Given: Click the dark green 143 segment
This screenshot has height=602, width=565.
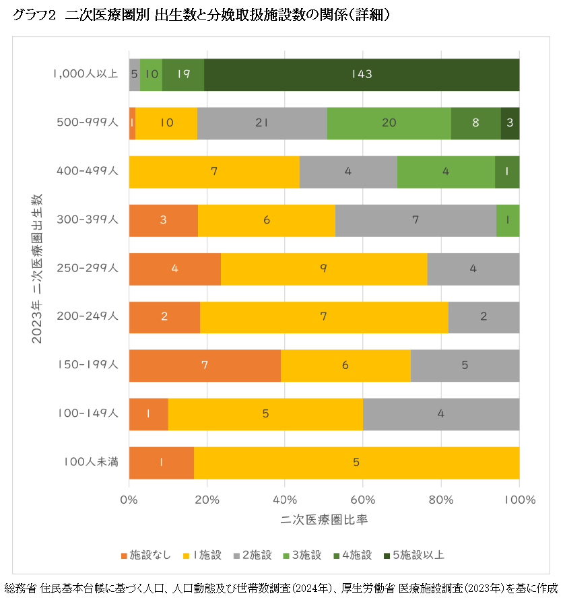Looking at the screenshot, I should pyautogui.click(x=362, y=75).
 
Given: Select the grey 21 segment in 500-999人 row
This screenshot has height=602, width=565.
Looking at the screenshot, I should pyautogui.click(x=262, y=123).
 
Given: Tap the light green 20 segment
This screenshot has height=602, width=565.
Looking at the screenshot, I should pyautogui.click(x=389, y=123).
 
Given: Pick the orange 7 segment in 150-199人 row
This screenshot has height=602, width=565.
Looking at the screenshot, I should pyautogui.click(x=205, y=366).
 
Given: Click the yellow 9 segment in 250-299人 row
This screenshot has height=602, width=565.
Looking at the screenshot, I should pyautogui.click(x=324, y=269).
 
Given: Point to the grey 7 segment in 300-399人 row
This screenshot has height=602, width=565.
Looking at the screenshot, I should pyautogui.click(x=416, y=220).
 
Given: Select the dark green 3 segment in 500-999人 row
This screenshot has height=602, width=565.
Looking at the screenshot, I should pyautogui.click(x=510, y=123).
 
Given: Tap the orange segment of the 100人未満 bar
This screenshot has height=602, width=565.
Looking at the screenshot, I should pyautogui.click(x=161, y=463).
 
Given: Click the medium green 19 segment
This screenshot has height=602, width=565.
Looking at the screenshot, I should pyautogui.click(x=183, y=75).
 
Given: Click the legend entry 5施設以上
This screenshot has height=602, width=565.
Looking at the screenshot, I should pyautogui.click(x=413, y=555).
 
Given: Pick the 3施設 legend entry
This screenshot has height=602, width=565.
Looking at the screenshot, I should pyautogui.click(x=302, y=555).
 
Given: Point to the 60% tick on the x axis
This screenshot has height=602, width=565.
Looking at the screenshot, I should pyautogui.click(x=363, y=500).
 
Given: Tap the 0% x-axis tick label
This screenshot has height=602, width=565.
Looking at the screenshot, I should pyautogui.click(x=129, y=500).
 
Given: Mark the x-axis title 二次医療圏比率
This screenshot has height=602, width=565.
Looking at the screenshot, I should pyautogui.click(x=324, y=521).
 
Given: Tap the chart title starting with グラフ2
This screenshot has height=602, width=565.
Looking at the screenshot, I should pyautogui.click(x=201, y=15).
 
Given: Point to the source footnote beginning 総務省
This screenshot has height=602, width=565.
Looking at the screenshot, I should pyautogui.click(x=282, y=588).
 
